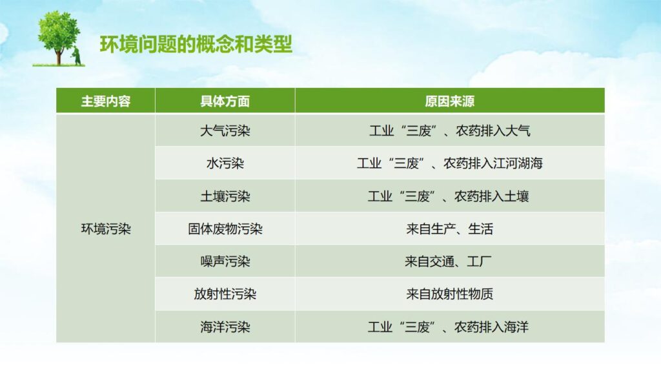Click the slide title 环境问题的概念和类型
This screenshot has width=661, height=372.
pyautogui.click(x=196, y=44)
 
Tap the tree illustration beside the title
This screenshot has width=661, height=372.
pyautogui.click(x=59, y=38)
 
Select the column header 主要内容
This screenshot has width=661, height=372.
pyautogui.click(x=105, y=101)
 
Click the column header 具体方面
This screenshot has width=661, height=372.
pyautogui.click(x=225, y=101)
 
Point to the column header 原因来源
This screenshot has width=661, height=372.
pyautogui.click(x=449, y=101)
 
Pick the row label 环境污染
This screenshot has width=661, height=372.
pyautogui.click(x=105, y=229)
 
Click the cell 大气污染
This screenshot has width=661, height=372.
pyautogui.click(x=225, y=131)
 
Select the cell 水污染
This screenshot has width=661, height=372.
pyautogui.click(x=225, y=163)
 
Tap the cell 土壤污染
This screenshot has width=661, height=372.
pyautogui.click(x=225, y=196)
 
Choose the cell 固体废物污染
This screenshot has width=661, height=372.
pyautogui.click(x=225, y=229)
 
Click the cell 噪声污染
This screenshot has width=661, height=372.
pyautogui.click(x=225, y=262)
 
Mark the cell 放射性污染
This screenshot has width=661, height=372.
pyautogui.click(x=225, y=294)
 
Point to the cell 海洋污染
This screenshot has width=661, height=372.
pyautogui.click(x=225, y=327)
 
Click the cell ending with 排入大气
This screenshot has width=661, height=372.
pyautogui.click(x=449, y=131)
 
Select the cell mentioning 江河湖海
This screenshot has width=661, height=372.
pyautogui.click(x=449, y=163)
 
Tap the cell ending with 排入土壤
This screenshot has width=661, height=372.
pyautogui.click(x=449, y=196)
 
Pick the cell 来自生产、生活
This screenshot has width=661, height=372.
pyautogui.click(x=449, y=229)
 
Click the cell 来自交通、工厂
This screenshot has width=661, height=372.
pyautogui.click(x=449, y=262)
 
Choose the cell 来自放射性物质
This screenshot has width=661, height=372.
pyautogui.click(x=449, y=294)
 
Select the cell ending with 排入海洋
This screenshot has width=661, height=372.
pyautogui.click(x=449, y=327)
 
